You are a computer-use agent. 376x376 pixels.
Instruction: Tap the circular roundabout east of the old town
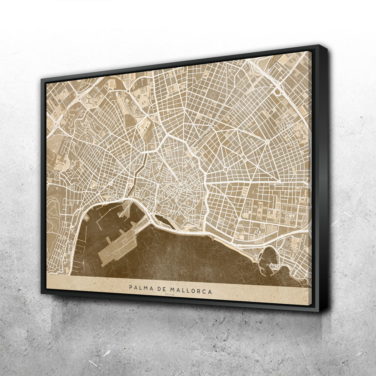pyautogui.click(x=225, y=170)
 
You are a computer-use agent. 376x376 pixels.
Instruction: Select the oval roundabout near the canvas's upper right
pyautogui.click(x=277, y=91)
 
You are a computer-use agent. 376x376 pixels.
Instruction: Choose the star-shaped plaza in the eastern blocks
pyautogui.click(x=267, y=142)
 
